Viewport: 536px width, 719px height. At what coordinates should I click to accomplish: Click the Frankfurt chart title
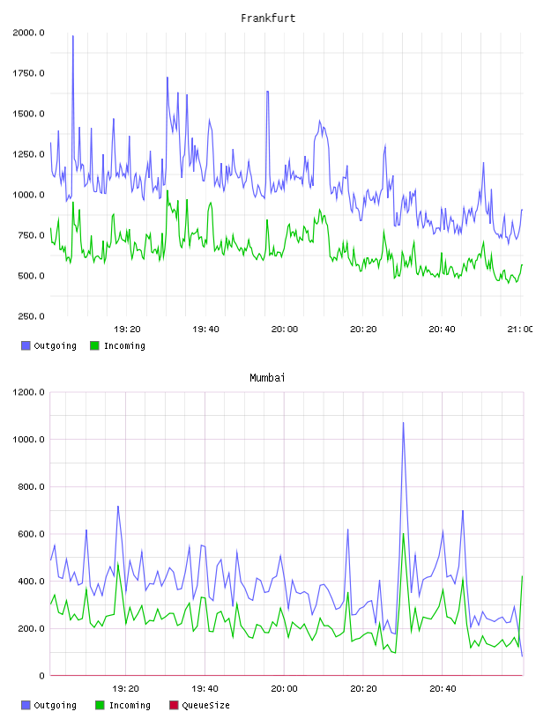tap(268, 19)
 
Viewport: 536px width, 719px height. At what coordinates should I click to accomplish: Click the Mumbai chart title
tap(267, 378)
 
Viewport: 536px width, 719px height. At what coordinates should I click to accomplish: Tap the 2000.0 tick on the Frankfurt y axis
tap(28, 33)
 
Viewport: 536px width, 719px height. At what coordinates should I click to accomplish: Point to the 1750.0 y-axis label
tap(28, 73)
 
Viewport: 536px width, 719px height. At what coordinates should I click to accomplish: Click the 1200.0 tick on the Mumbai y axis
tap(28, 392)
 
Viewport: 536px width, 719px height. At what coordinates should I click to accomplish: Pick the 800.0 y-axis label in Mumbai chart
tap(31, 486)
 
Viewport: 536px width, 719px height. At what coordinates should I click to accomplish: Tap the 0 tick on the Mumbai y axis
tap(41, 676)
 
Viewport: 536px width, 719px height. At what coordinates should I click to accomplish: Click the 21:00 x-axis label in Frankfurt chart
tap(520, 330)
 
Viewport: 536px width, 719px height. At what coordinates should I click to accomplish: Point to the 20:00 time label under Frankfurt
tap(285, 330)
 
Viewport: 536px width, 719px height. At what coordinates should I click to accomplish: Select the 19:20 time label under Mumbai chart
tap(126, 689)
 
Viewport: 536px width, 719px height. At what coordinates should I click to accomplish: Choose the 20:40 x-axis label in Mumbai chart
tap(443, 689)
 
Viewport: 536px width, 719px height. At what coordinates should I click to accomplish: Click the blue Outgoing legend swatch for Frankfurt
tap(26, 345)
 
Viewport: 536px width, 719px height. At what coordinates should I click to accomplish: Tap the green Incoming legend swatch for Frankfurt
tap(94, 345)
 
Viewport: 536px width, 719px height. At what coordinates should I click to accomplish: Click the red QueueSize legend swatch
tap(174, 705)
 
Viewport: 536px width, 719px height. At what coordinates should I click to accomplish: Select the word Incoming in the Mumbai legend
tap(130, 705)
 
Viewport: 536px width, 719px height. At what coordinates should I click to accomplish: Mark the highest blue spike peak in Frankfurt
tap(73, 36)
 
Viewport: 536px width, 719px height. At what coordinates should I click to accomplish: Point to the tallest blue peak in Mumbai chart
tap(404, 422)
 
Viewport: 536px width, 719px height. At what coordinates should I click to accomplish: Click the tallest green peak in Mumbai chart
tap(404, 533)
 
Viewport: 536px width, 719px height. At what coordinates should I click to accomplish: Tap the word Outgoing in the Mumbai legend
tap(55, 705)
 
